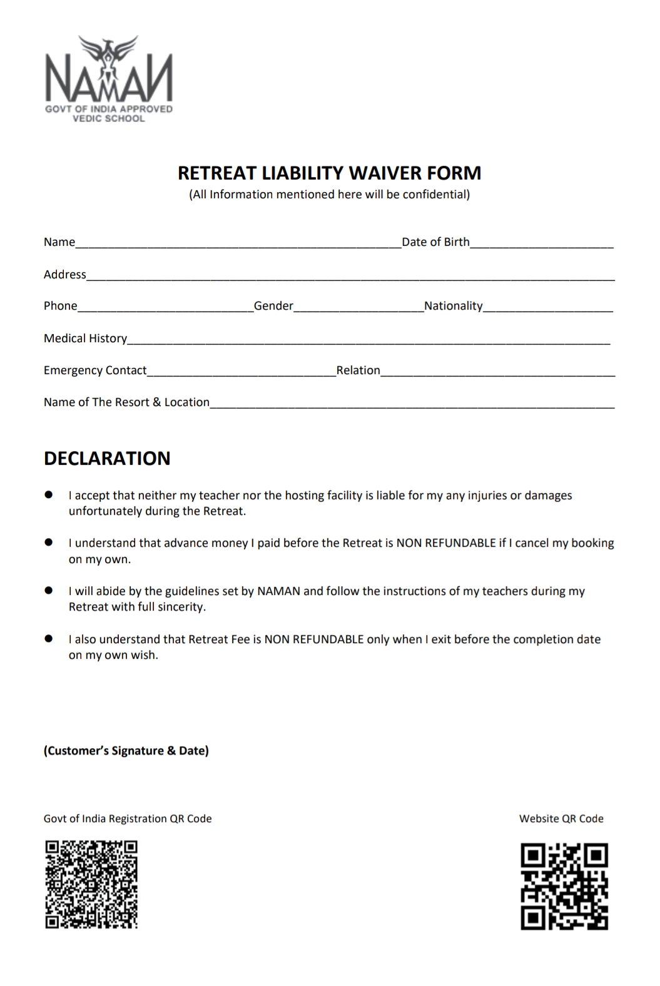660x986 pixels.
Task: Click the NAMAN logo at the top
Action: (x=109, y=78)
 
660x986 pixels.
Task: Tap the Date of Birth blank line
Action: (x=541, y=246)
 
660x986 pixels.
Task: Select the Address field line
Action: (x=350, y=278)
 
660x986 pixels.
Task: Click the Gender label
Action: (x=273, y=306)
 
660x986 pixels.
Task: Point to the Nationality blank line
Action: (x=548, y=310)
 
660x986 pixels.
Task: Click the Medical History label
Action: (x=85, y=338)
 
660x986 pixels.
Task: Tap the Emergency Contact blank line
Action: (x=241, y=374)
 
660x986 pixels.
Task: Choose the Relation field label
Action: (x=358, y=370)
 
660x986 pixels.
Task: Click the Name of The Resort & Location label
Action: (x=126, y=402)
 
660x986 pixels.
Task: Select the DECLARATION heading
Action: (x=107, y=459)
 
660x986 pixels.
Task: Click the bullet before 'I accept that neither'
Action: (x=48, y=495)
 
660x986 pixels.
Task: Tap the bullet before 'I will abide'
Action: (x=48, y=591)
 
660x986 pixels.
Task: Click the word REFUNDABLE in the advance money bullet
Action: (x=460, y=543)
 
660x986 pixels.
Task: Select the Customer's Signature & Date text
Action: (x=126, y=751)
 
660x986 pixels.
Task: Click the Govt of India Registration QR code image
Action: (x=91, y=884)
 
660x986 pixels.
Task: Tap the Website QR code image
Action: (x=564, y=886)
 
